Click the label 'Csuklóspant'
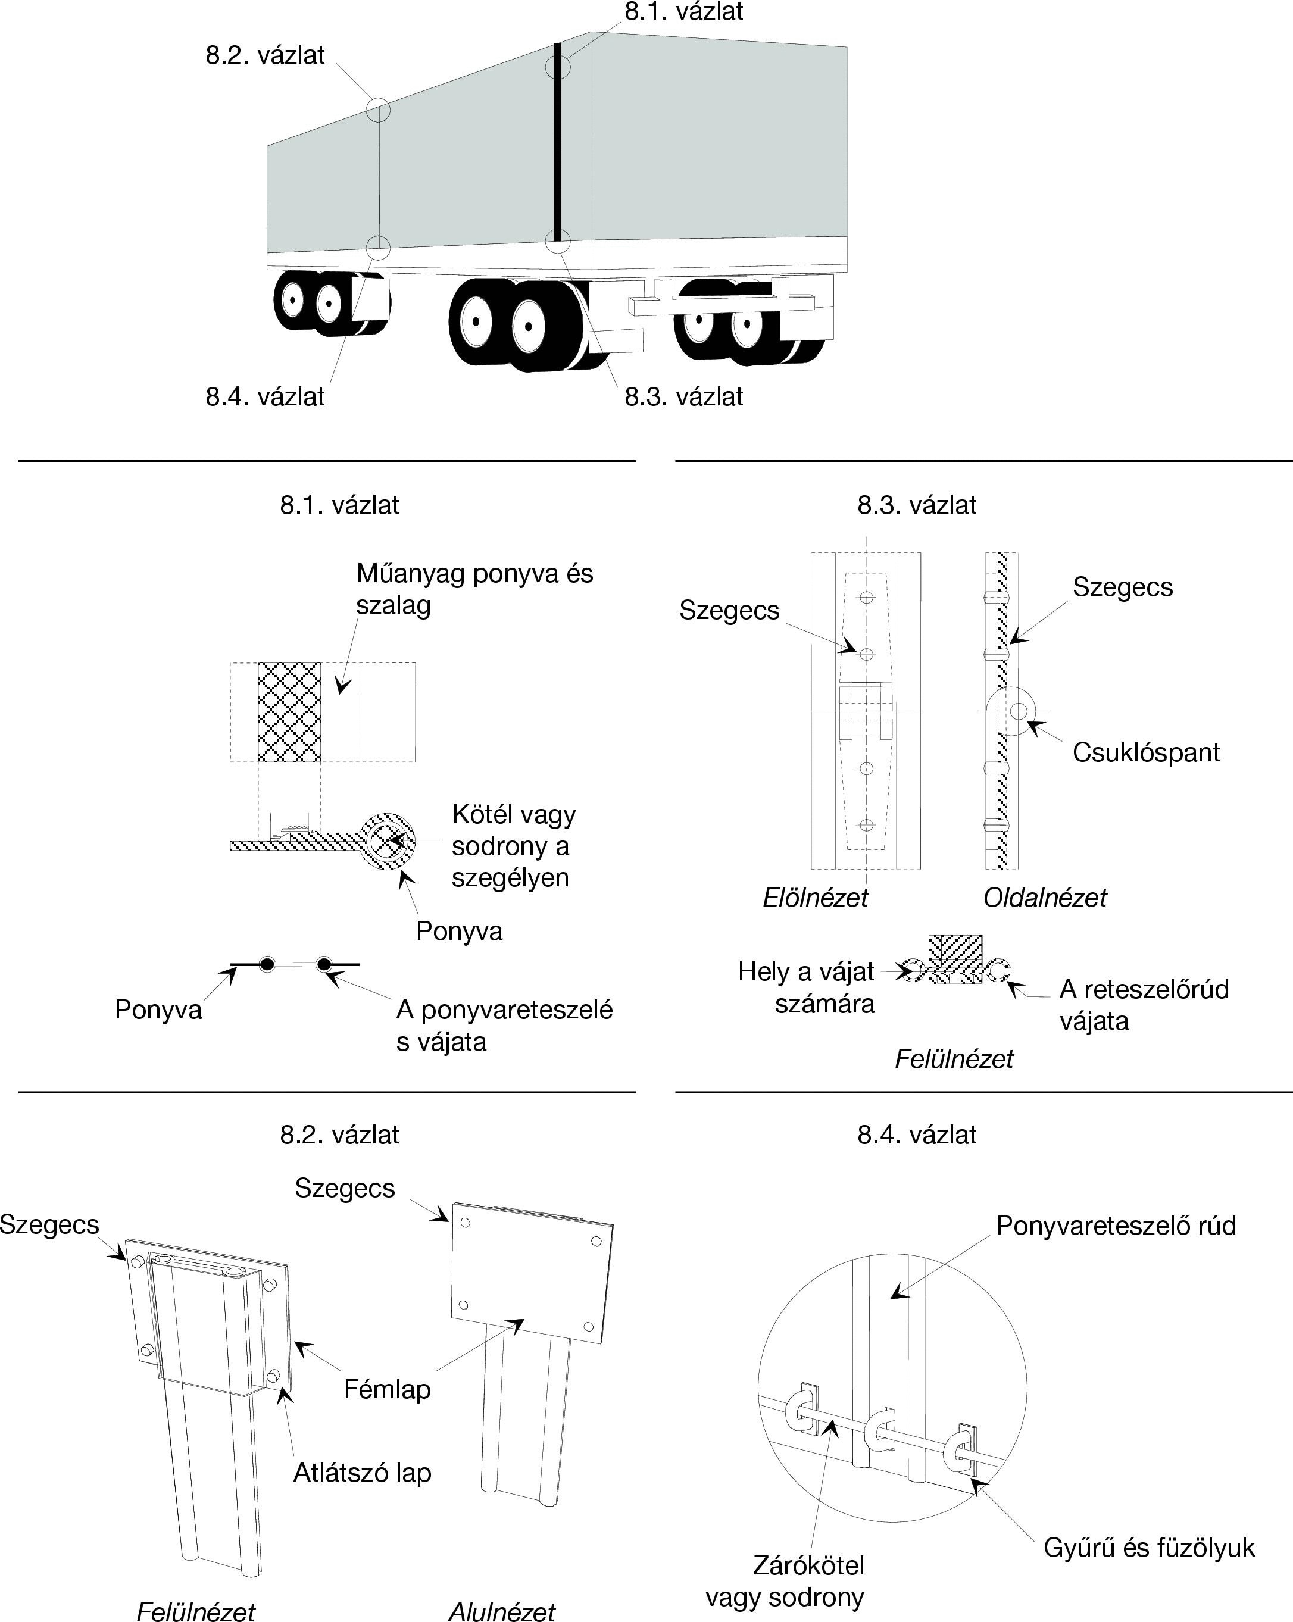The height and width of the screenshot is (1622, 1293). (1145, 752)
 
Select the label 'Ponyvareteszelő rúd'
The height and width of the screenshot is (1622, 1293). (1116, 1226)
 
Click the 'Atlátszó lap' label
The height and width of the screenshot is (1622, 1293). (362, 1472)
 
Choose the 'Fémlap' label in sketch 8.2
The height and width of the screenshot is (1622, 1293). (387, 1389)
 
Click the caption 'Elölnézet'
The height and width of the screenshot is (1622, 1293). (815, 898)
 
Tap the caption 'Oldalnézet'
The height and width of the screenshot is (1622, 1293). (1045, 898)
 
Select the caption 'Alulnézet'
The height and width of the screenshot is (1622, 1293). (501, 1610)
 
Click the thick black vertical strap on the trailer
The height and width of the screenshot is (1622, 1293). (558, 143)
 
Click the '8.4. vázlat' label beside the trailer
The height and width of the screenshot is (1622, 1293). (265, 396)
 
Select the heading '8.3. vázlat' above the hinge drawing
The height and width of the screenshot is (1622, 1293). (916, 505)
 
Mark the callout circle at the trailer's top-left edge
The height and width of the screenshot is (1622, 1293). (378, 110)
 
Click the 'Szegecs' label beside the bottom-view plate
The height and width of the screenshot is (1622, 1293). (345, 1188)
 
